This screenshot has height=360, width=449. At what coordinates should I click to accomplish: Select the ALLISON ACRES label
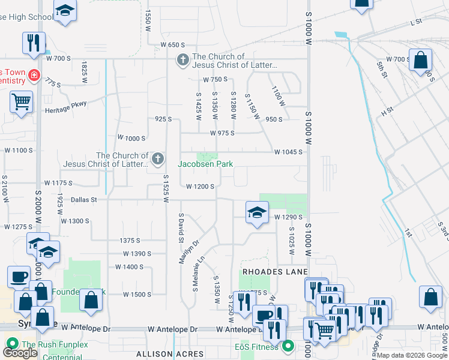tap(163, 354)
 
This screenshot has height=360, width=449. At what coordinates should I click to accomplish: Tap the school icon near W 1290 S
tap(256, 212)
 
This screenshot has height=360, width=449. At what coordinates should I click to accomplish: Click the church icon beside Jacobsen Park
tap(158, 159)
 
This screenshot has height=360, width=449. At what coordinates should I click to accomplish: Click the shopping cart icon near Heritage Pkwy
tap(21, 102)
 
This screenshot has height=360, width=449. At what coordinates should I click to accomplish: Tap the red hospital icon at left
tap(35, 76)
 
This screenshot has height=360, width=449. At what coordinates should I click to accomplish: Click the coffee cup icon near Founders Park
tap(18, 277)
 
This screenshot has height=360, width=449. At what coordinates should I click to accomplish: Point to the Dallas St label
tap(84, 200)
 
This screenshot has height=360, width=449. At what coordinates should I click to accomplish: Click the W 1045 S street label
tap(288, 152)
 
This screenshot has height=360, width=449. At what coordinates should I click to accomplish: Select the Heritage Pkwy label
tap(66, 109)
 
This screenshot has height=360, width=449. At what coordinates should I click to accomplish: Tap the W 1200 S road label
tap(200, 187)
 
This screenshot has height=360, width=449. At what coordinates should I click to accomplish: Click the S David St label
tap(180, 227)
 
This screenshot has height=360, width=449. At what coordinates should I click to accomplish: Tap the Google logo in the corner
tap(20, 353)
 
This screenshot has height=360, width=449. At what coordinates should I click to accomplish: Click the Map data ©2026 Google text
tap(412, 355)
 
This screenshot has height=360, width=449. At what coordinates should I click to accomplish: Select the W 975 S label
tap(221, 133)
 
